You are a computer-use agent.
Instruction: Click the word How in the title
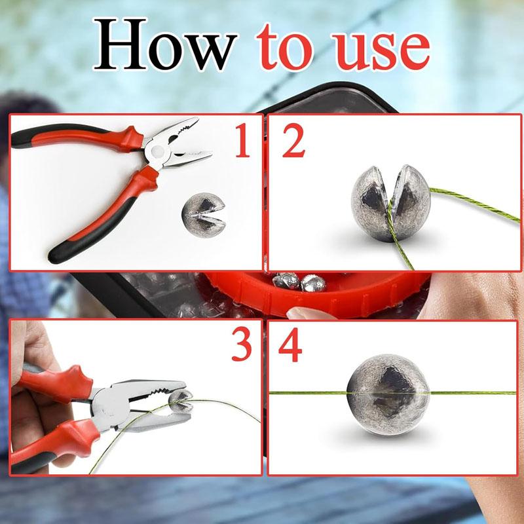coord(164,47)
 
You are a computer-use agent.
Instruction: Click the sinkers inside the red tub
coord(295,282)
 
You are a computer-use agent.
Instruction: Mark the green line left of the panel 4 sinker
coord(308,393)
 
